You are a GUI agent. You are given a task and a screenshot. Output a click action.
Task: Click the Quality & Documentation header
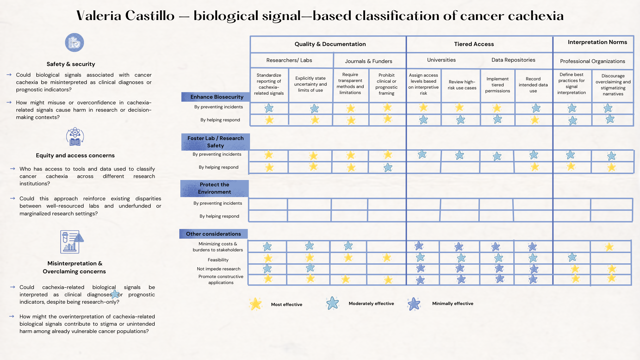point(330,44)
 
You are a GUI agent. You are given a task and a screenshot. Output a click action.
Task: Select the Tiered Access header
point(474,44)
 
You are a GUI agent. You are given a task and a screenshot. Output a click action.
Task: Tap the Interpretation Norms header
point(597,42)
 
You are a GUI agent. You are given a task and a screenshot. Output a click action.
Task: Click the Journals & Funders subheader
point(368,61)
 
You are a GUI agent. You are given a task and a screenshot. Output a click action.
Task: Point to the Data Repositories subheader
point(513,60)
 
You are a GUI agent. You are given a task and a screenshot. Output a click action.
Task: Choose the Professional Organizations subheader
point(592,61)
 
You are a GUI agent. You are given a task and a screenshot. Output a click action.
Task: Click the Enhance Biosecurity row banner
point(217,97)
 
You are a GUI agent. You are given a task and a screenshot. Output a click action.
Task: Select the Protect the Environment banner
point(214,188)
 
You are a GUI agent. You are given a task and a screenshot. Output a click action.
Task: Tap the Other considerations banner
point(213,234)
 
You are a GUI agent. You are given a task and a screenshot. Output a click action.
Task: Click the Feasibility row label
point(218,260)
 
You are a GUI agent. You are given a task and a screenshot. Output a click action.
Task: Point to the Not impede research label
point(218,269)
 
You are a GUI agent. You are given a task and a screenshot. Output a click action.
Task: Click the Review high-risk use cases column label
point(462,85)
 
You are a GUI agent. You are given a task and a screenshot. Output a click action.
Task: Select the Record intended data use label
point(533,85)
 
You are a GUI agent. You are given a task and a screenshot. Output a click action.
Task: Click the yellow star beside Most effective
point(256,304)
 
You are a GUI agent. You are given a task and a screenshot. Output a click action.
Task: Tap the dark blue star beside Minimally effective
point(414,304)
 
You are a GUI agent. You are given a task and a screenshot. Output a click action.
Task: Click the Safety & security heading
point(71,64)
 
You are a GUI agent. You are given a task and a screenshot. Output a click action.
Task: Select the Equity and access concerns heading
point(75,155)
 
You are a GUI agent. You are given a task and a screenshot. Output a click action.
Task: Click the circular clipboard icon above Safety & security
point(74,43)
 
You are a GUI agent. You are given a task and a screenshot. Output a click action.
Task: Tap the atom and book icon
point(75,137)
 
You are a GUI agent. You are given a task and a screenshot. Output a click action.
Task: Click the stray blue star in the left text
point(115,294)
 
